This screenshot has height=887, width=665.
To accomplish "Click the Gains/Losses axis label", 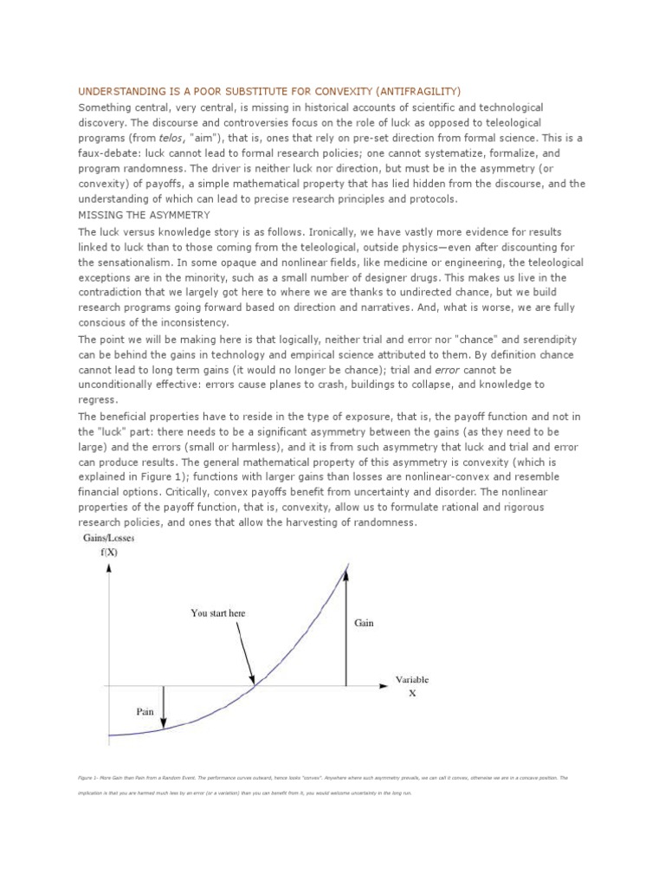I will point(109,539).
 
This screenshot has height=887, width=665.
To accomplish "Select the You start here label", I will point(218,613).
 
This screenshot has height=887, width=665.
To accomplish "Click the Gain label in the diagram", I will point(365,623).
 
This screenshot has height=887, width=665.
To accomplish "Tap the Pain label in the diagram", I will point(145,711).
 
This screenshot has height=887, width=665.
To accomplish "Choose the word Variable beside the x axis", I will point(412,680).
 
